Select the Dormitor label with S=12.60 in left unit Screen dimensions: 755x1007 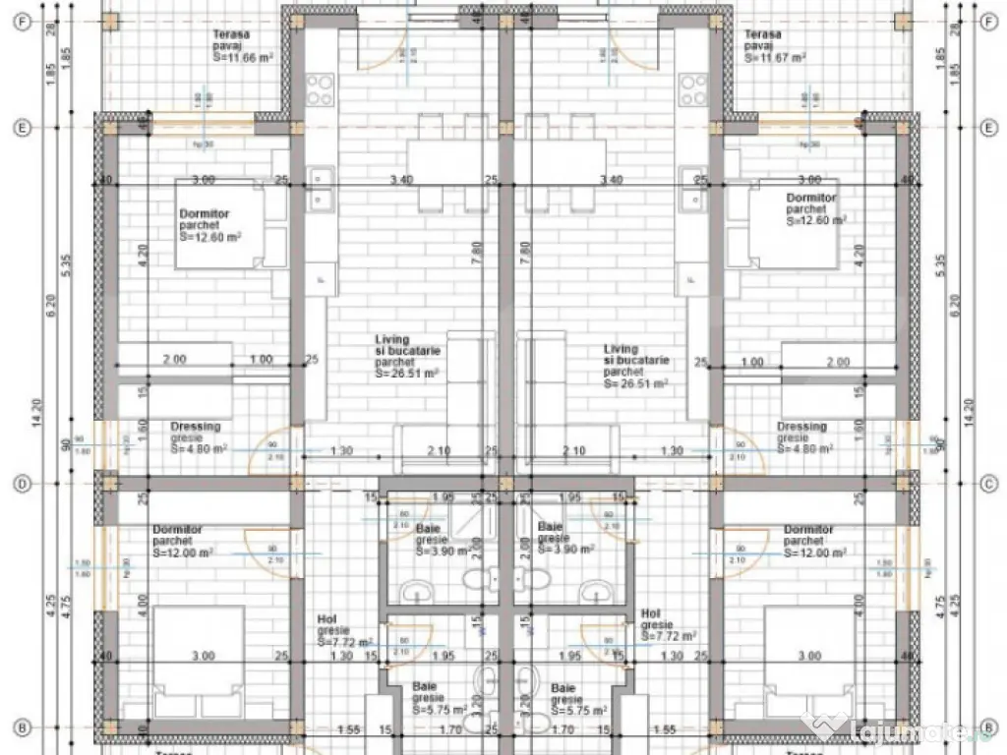[209, 225]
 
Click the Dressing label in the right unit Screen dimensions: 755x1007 [801, 427]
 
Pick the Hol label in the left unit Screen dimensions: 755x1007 [327, 618]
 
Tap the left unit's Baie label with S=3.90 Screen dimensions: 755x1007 [428, 528]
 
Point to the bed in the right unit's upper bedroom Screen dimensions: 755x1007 [795, 223]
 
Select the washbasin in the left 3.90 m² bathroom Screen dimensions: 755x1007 [417, 591]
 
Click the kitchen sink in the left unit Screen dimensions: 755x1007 [320, 187]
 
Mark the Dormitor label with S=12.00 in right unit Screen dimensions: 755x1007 [814, 542]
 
